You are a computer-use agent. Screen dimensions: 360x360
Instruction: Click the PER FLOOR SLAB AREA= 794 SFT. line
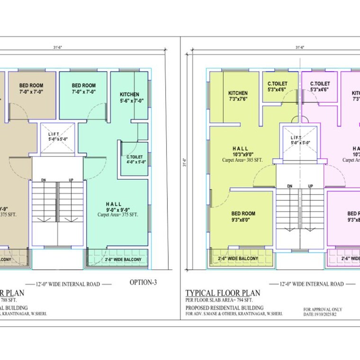pos(219,300)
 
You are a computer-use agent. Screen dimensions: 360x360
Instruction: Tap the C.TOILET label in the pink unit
pos(320,86)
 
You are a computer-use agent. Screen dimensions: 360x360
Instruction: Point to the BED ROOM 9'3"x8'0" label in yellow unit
pos(243,217)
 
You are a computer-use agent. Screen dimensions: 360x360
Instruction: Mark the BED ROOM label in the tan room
pos(31,88)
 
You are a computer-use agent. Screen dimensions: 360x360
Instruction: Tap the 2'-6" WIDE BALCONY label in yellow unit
pos(238,258)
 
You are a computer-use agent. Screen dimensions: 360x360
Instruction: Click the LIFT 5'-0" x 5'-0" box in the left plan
pos(58,137)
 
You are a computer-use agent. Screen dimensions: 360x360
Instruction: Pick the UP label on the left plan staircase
pos(71,180)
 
